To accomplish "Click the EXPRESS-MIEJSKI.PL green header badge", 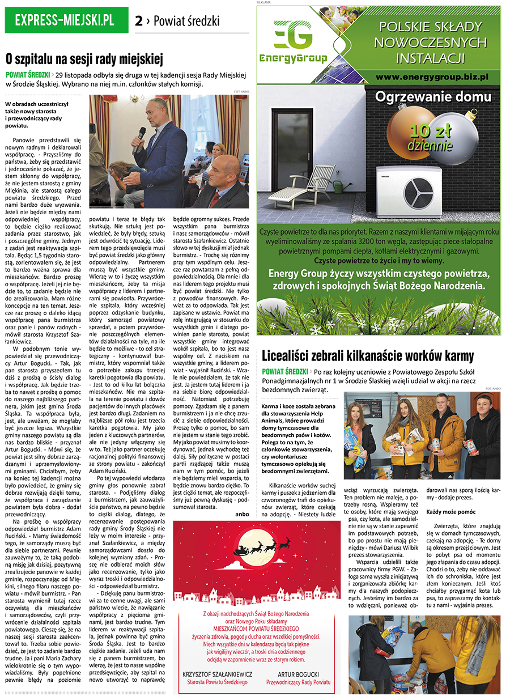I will tap(65, 21).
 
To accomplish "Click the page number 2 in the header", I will tap(139, 21).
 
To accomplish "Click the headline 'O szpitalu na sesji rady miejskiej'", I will tap(84, 59).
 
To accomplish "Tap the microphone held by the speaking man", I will tap(141, 134).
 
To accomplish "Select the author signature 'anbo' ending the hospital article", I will tap(243, 498).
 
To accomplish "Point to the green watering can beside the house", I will tap(339, 185).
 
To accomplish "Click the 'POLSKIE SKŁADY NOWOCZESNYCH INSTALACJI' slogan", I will tap(432, 42).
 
